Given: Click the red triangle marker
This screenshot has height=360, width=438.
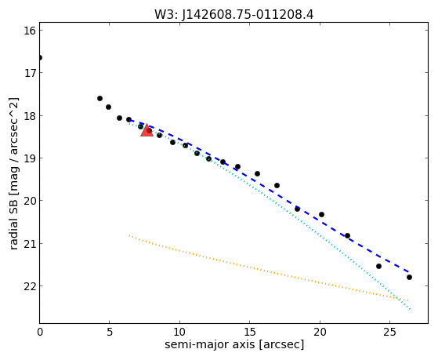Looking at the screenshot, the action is pyautogui.click(x=147, y=130).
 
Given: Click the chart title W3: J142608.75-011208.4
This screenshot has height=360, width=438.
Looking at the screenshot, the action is pyautogui.click(x=233, y=15).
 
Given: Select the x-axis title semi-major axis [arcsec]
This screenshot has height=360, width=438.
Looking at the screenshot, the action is pyautogui.click(x=234, y=344).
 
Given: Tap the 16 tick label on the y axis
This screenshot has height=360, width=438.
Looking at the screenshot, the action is pyautogui.click(x=30, y=31).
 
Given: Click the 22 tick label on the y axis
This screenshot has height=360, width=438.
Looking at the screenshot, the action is pyautogui.click(x=30, y=286).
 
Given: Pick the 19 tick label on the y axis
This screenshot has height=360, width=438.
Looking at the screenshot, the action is pyautogui.click(x=30, y=158).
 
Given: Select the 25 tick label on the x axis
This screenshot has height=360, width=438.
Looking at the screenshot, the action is pyautogui.click(x=389, y=332).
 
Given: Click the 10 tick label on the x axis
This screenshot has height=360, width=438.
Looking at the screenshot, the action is pyautogui.click(x=179, y=332).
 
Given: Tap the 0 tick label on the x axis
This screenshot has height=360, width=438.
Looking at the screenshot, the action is pyautogui.click(x=40, y=332).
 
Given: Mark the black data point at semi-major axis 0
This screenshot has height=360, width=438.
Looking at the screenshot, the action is pyautogui.click(x=40, y=58).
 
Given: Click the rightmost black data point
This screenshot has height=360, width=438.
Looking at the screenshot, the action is pyautogui.click(x=409, y=277).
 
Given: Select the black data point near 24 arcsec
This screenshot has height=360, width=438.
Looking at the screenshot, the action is pyautogui.click(x=378, y=267).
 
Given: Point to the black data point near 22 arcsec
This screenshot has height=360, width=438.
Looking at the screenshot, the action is pyautogui.click(x=347, y=236).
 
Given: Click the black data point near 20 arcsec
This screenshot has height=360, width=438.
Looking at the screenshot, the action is pyautogui.click(x=321, y=215).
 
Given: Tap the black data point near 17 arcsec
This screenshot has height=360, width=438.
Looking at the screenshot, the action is pyautogui.click(x=277, y=185).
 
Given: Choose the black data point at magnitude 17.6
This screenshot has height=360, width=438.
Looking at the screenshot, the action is pyautogui.click(x=100, y=99).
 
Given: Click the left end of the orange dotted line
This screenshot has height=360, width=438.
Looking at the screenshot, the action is pyautogui.click(x=129, y=235).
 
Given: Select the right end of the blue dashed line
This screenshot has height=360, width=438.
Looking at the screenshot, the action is pyautogui.click(x=409, y=271).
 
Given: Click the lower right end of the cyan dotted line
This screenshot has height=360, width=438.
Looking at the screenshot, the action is pyautogui.click(x=410, y=309).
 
